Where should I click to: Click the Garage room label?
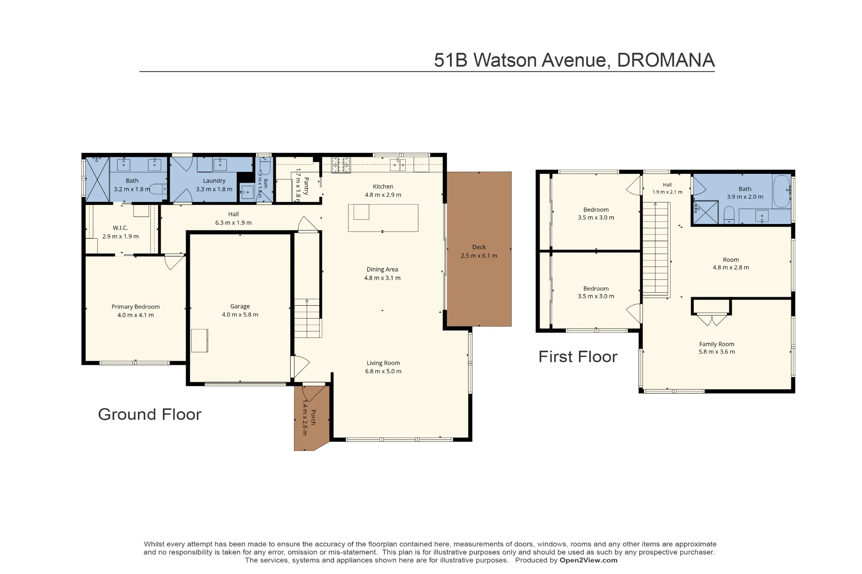click(x=240, y=306)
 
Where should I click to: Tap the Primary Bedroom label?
click(x=136, y=307)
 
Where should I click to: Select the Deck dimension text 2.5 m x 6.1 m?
click(x=479, y=256)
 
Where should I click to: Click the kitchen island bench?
click(x=383, y=218)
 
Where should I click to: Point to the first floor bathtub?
click(x=781, y=191)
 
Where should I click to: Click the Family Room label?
click(x=717, y=344)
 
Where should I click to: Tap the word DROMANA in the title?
click(x=666, y=60)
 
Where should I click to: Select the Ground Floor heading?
click(x=150, y=414)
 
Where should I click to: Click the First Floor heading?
click(x=578, y=357)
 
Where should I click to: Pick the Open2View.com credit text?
click(x=588, y=560)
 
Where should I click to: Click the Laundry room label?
click(x=214, y=181)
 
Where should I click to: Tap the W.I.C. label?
click(x=120, y=228)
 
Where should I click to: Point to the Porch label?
click(x=313, y=417)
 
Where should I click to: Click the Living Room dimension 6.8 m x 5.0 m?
click(x=383, y=371)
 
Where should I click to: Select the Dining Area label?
click(x=382, y=270)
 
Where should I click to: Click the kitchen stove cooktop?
click(x=340, y=165)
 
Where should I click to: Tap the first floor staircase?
click(x=656, y=249)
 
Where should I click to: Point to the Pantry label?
click(x=306, y=186)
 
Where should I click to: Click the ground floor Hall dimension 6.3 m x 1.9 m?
click(x=233, y=223)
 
